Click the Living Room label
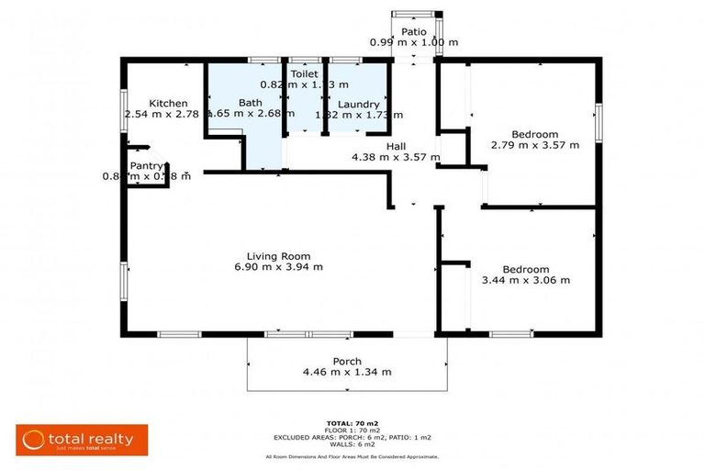(x=278, y=256)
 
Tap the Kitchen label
(x=169, y=104)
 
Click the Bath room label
(x=251, y=103)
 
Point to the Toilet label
(x=304, y=73)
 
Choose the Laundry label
(x=358, y=105)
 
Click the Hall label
(x=396, y=146)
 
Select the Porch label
(x=347, y=361)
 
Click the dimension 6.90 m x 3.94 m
(x=278, y=267)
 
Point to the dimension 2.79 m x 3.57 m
(x=535, y=145)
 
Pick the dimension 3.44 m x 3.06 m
(x=526, y=280)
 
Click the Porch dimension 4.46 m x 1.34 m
(x=347, y=372)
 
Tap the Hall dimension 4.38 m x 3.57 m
(x=396, y=157)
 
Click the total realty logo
(x=82, y=440)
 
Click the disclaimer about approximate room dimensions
(x=352, y=456)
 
